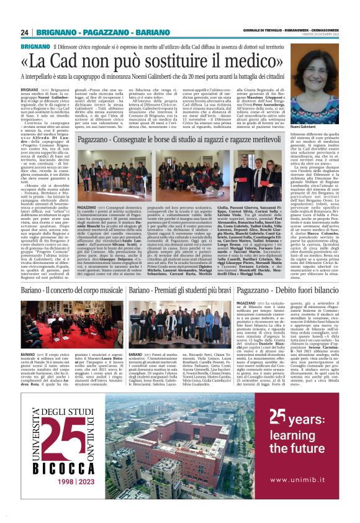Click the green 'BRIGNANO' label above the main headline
pyautogui.click(x=35, y=47)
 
